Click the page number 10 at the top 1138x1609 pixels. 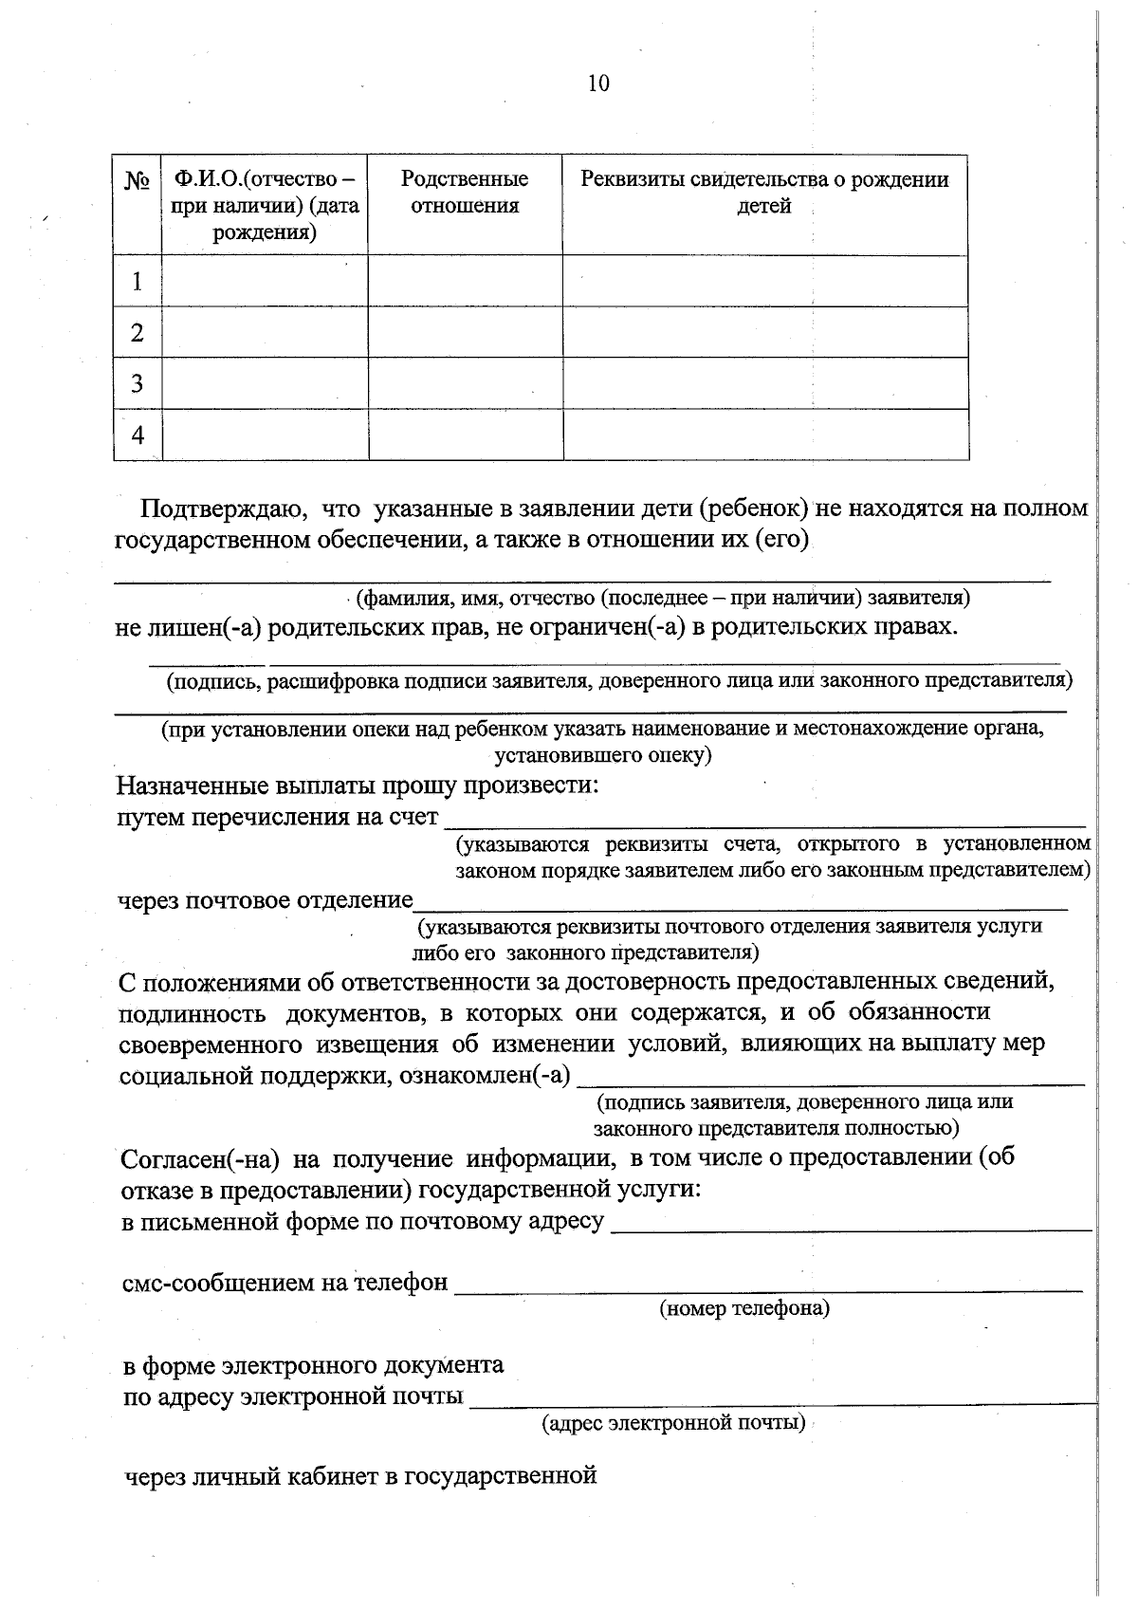(598, 83)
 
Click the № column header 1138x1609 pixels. (138, 180)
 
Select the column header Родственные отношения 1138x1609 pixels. (465, 193)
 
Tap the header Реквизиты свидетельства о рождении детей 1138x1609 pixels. (764, 193)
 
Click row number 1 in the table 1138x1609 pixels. (138, 282)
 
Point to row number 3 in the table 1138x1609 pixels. (138, 383)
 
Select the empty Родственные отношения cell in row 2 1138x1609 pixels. (465, 332)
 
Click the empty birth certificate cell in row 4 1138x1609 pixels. (764, 435)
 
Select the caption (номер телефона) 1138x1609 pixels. (744, 1309)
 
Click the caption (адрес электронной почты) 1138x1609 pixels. (673, 1423)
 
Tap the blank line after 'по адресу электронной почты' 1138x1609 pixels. (782, 1401)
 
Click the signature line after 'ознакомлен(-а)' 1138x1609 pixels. (830, 1082)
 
